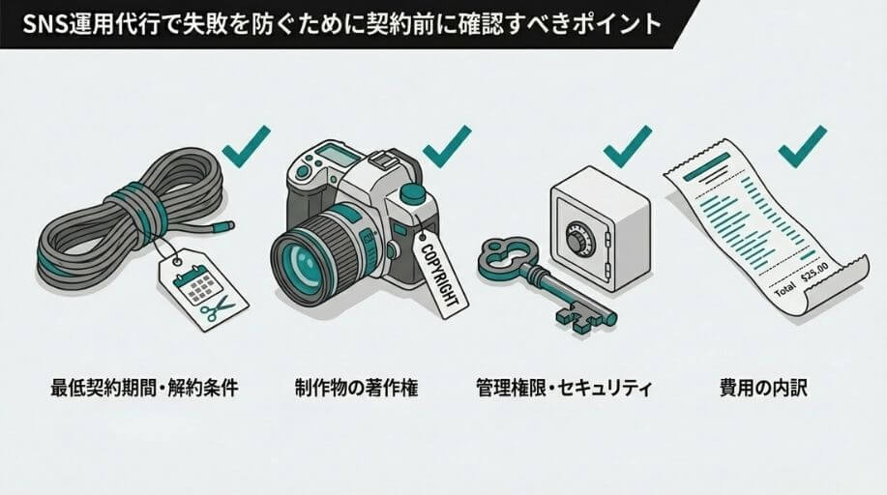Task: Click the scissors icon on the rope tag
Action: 217,308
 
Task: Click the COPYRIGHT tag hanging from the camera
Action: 442,275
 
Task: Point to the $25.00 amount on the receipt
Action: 814,271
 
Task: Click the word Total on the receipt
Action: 784,290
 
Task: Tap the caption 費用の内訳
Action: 763,388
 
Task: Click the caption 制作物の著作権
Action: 356,388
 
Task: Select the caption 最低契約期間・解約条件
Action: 145,388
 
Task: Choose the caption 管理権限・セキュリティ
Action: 565,388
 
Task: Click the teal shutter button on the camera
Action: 412,193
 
